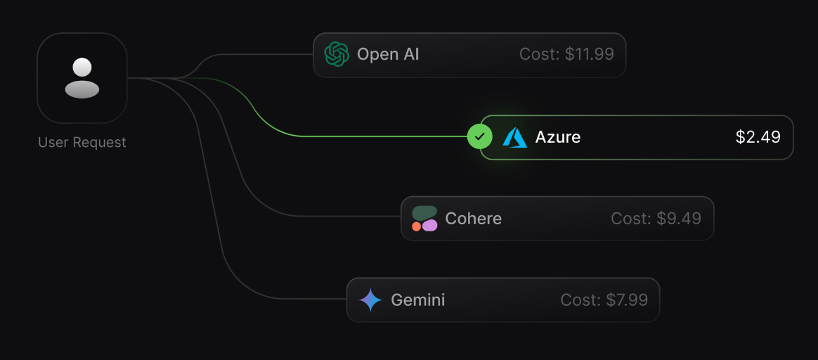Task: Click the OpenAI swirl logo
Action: click(337, 54)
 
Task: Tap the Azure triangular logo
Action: click(515, 137)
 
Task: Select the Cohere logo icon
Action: click(424, 219)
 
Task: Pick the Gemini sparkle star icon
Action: click(370, 300)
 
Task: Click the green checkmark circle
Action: click(480, 137)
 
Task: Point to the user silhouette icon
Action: click(82, 78)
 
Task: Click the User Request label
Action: click(82, 143)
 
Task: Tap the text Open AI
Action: click(388, 54)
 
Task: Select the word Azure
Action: click(558, 137)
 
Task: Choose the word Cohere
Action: click(474, 219)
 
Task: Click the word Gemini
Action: click(418, 300)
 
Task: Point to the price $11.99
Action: click(589, 54)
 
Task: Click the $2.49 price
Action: click(758, 137)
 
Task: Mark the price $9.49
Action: click(678, 219)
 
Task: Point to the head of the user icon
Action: click(82, 67)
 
